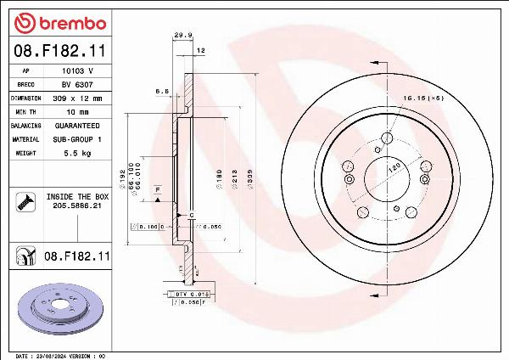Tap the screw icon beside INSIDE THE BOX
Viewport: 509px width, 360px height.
pyautogui.click(x=24, y=201)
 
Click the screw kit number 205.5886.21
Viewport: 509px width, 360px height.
pyautogui.click(x=77, y=205)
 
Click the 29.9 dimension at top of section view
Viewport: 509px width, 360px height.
pyautogui.click(x=180, y=35)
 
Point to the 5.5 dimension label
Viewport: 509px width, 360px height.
pyautogui.click(x=161, y=90)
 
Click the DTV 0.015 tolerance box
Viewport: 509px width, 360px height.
pyautogui.click(x=187, y=293)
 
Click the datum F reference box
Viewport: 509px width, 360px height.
pyautogui.click(x=158, y=188)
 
